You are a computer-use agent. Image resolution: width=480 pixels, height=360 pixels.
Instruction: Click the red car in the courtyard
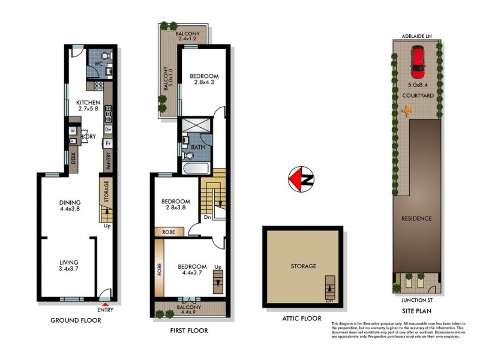click(x=418, y=59)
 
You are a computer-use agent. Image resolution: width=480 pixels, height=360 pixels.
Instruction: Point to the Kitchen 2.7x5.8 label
click(x=88, y=107)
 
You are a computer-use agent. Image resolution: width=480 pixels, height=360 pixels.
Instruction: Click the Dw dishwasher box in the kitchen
click(x=109, y=130)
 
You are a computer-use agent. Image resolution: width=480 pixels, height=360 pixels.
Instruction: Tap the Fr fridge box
click(x=109, y=144)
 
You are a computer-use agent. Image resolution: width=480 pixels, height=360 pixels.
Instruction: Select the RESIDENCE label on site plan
click(x=416, y=218)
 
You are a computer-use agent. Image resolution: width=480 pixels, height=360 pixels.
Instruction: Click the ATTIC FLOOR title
click(x=301, y=319)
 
